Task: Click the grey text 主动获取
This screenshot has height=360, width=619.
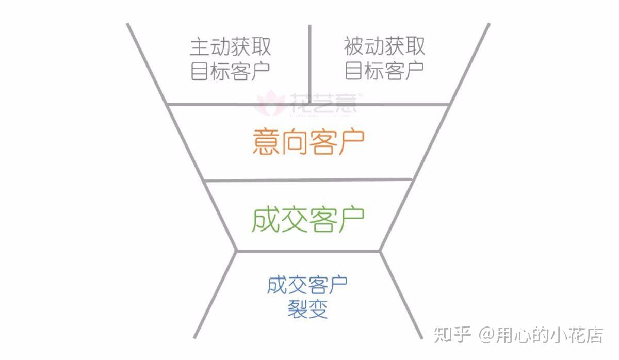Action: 230,47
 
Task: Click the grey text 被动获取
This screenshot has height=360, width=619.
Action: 384,47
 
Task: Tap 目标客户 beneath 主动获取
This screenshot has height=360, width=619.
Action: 230,71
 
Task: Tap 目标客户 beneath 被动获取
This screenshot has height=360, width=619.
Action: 384,71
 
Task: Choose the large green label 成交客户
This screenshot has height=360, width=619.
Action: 308,219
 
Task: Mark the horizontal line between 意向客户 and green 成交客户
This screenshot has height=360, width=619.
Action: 308,181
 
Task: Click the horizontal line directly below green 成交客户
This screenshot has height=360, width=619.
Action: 308,251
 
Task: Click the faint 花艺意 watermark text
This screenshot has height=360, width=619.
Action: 323,103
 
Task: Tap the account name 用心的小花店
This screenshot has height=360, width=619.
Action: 550,335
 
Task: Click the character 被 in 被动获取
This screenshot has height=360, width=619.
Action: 354,47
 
